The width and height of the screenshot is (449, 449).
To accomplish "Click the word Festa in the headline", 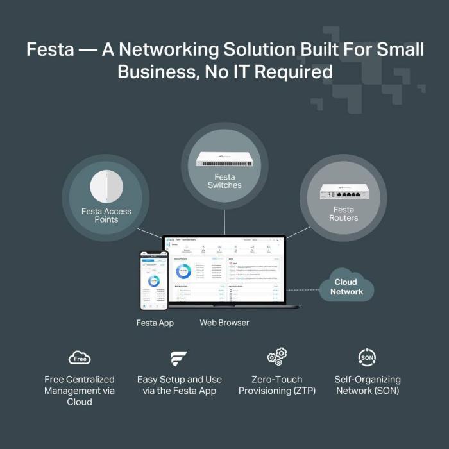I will tap(50, 50).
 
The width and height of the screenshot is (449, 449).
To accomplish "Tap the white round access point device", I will tap(106, 186).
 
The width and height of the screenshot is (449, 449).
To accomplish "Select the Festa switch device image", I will tap(224, 159).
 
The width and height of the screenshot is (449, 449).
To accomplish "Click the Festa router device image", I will tap(343, 191).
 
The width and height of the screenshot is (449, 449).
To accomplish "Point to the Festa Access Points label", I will tap(106, 216).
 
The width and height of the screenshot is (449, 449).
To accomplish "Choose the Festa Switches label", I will tap(224, 181).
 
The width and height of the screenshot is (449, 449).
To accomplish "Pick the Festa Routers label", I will tap(343, 214).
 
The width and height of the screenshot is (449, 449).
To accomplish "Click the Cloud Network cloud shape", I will tap(346, 287).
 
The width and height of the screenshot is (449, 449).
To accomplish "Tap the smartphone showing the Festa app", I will tap(153, 280).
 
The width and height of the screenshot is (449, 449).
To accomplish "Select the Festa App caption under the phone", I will tap(155, 323).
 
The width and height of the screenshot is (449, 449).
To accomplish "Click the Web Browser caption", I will tap(224, 323).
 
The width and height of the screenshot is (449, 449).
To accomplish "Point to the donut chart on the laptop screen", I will tap(184, 271).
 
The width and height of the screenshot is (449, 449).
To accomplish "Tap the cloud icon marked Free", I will tap(80, 357).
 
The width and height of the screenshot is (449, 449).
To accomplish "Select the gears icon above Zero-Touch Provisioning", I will tap(277, 357).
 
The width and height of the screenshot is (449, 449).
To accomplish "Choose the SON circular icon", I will tap(367, 357).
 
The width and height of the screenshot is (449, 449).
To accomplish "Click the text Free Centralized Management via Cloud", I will tap(80, 391).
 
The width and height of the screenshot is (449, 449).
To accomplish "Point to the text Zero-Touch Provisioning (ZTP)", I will tap(277, 385).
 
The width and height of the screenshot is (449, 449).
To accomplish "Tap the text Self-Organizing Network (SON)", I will tap(367, 385).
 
